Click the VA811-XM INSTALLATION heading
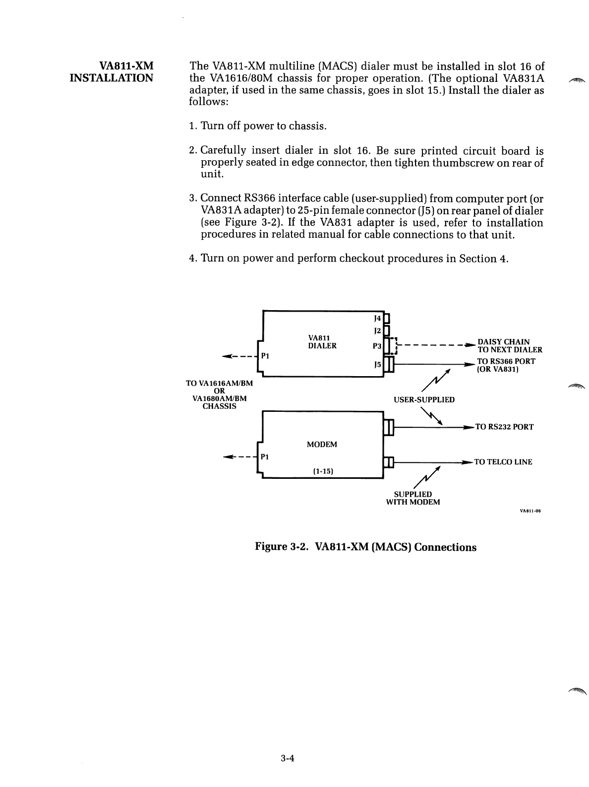click(112, 72)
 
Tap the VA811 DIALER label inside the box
click(322, 342)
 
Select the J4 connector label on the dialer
click(377, 318)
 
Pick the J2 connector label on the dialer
click(377, 330)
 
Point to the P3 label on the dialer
click(377, 346)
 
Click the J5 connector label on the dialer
click(377, 364)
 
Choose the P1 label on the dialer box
click(265, 356)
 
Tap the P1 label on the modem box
click(265, 457)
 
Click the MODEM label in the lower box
click(322, 445)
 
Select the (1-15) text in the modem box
click(322, 471)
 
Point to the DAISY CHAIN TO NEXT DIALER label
click(509, 345)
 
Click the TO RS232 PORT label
click(504, 427)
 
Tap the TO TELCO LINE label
click(503, 462)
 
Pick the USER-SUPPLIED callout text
click(424, 399)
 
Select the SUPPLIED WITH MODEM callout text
click(413, 498)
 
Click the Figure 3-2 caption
click(365, 547)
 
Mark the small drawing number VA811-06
click(530, 510)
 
